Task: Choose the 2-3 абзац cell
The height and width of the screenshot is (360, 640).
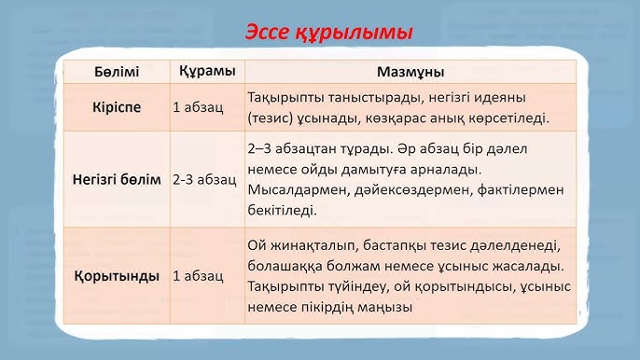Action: [202, 178]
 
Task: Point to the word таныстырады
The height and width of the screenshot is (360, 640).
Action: [372, 97]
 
